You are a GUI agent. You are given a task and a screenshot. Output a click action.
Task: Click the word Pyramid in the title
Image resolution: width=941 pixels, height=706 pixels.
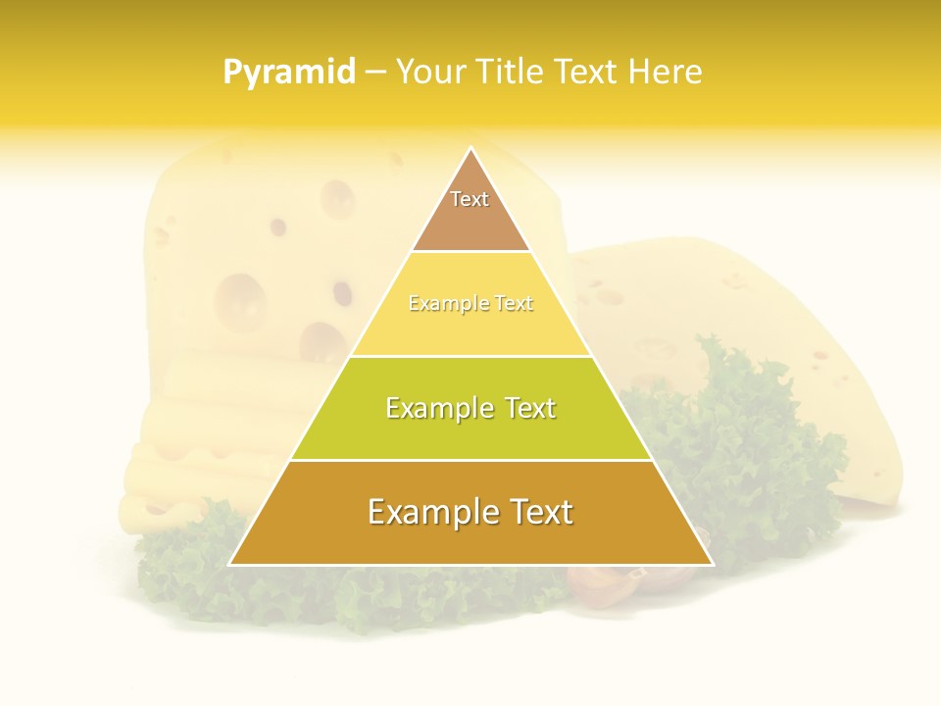pyautogui.click(x=288, y=73)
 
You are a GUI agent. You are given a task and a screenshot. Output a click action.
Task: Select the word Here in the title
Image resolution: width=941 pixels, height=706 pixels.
pyautogui.click(x=666, y=73)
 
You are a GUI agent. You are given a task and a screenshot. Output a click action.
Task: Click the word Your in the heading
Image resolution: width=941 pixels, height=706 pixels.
pyautogui.click(x=428, y=73)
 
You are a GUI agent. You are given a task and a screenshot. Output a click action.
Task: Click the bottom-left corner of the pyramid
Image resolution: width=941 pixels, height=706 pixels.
pyautogui.click(x=231, y=564)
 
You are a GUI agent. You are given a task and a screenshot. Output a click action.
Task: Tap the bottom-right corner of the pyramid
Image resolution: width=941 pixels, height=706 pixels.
pyautogui.click(x=711, y=564)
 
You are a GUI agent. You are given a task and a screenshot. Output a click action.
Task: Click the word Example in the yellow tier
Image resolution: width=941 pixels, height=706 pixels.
pyautogui.click(x=437, y=304)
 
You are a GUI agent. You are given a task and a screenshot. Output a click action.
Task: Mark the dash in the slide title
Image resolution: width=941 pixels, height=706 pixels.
pyautogui.click(x=374, y=73)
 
